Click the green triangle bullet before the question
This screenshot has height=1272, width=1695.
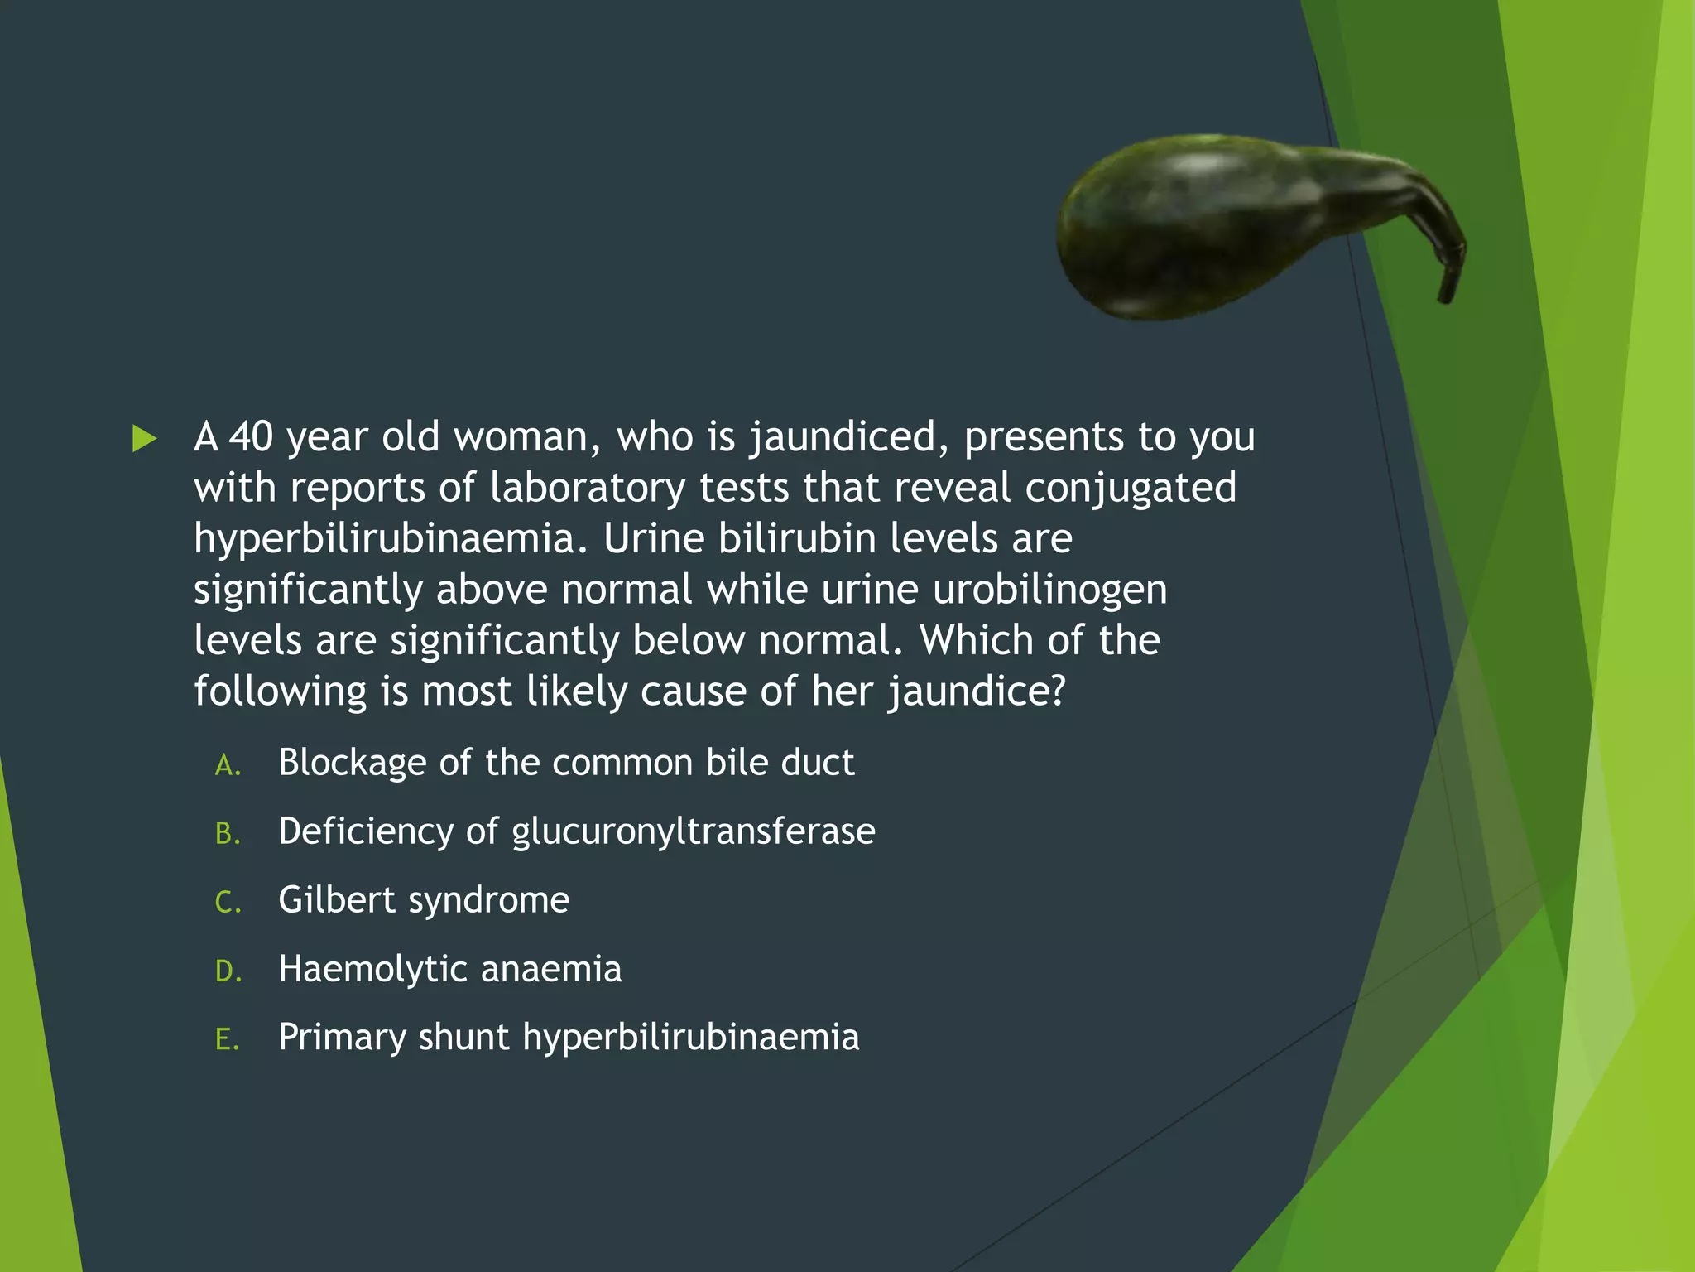(144, 438)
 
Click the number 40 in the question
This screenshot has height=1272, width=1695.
(251, 436)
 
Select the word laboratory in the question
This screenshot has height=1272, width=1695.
(587, 488)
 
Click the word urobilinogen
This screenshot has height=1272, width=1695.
(1049, 590)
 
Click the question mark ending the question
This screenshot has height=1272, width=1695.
(1055, 691)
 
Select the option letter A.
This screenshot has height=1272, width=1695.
(228, 765)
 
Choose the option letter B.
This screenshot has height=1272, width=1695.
(228, 834)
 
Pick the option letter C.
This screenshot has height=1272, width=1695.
(228, 903)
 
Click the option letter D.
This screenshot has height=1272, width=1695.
(228, 971)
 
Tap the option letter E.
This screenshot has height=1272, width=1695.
(228, 1040)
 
